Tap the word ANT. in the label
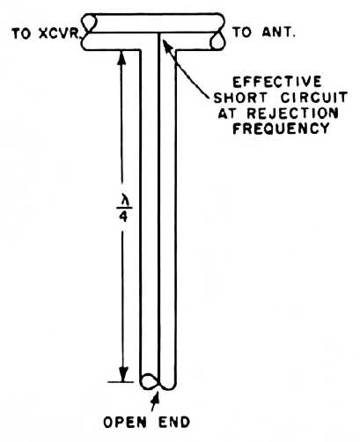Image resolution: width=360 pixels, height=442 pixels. [278, 33]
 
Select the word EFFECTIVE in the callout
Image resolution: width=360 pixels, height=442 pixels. [277, 82]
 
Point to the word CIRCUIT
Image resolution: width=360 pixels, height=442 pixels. [314, 98]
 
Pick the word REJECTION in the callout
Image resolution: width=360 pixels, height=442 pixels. [292, 114]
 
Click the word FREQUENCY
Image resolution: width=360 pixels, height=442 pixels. [281, 129]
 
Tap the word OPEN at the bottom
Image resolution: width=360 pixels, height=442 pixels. [125, 423]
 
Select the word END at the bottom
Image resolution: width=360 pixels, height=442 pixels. [174, 423]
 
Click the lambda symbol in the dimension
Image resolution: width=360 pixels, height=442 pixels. [123, 203]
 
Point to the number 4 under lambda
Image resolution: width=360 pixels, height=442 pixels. [123, 217]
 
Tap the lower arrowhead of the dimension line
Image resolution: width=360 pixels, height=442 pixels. [123, 374]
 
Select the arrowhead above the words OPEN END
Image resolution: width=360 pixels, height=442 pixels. [156, 397]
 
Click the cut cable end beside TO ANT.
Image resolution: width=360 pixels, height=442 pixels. [217, 41]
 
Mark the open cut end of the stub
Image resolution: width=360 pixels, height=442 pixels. [151, 381]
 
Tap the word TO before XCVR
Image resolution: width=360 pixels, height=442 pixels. [21, 34]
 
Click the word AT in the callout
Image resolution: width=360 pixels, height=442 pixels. [228, 114]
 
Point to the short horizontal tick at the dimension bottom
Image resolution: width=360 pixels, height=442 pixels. [121, 382]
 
